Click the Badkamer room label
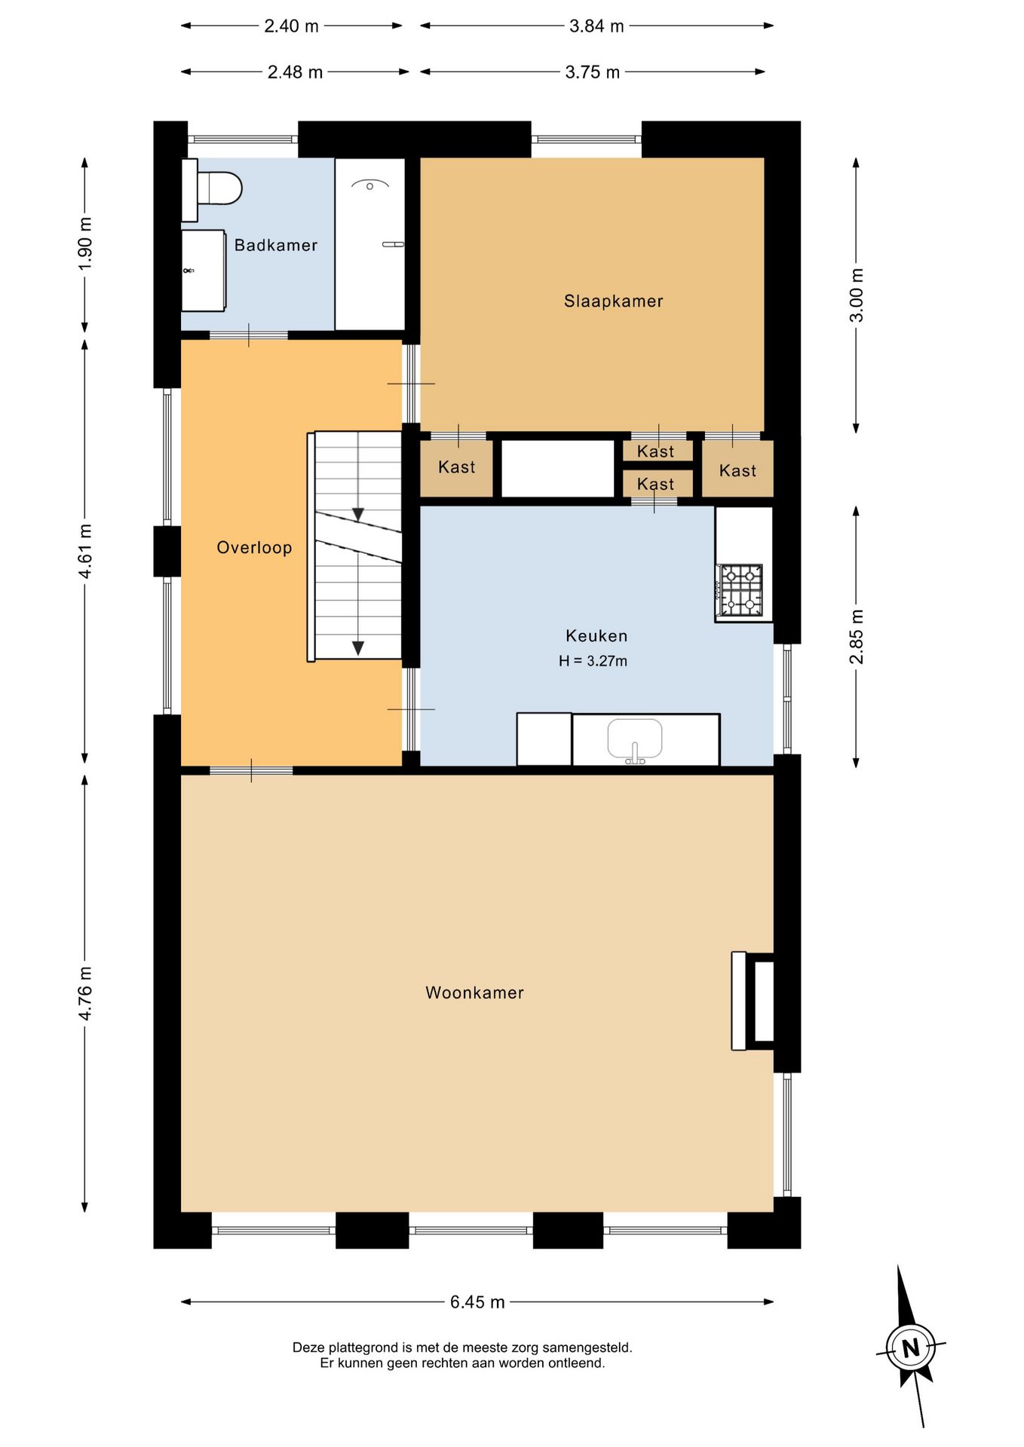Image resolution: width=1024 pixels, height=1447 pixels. (x=275, y=245)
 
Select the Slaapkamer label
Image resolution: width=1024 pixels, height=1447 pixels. (x=613, y=301)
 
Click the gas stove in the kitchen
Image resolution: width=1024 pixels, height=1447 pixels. (x=740, y=590)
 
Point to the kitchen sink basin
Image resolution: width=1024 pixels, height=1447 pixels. (x=635, y=739)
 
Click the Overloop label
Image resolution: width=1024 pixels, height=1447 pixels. (x=254, y=547)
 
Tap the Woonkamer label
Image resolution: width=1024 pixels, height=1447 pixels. (x=474, y=993)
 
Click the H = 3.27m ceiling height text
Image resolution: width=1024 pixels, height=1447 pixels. (x=593, y=661)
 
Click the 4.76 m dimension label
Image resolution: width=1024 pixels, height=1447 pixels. (x=85, y=993)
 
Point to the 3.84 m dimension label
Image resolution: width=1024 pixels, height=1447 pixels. (x=596, y=26)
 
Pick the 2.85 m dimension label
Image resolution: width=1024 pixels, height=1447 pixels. (x=857, y=637)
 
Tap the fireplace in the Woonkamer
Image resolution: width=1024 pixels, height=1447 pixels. (x=753, y=1001)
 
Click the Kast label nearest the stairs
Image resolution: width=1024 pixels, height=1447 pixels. (x=456, y=467)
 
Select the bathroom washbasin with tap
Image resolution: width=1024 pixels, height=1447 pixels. (x=204, y=271)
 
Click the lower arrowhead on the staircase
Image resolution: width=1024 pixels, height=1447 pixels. (x=358, y=648)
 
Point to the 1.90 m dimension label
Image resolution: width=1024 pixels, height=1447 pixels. (x=85, y=244)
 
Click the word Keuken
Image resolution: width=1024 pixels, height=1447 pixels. (x=596, y=636)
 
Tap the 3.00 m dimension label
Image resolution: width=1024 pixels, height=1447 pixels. (x=857, y=295)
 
